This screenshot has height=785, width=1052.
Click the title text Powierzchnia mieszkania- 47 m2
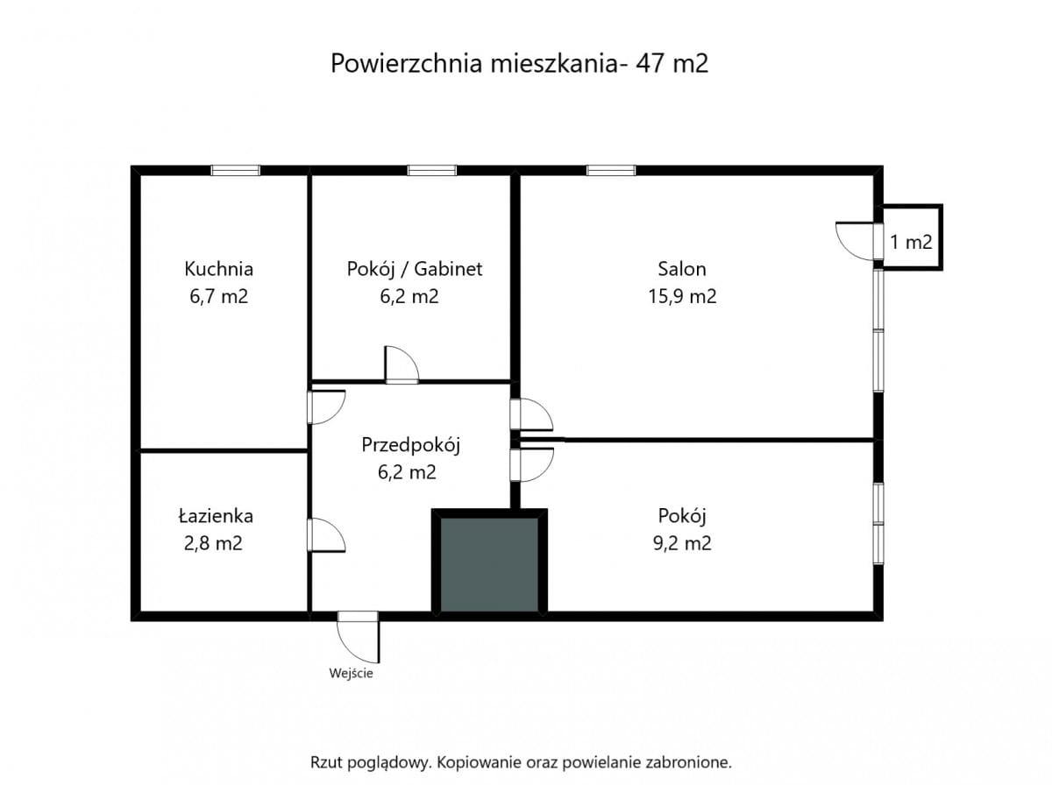pyautogui.click(x=519, y=64)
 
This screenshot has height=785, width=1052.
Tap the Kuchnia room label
pyautogui.click(x=218, y=269)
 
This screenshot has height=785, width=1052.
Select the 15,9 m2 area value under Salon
pyautogui.click(x=682, y=296)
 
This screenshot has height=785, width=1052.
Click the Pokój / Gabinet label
pyautogui.click(x=414, y=269)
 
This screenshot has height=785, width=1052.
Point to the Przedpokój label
pyautogui.click(x=411, y=444)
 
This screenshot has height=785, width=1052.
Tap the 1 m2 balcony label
pyautogui.click(x=911, y=243)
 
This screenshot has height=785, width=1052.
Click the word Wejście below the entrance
pyautogui.click(x=352, y=674)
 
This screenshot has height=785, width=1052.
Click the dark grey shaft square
pyautogui.click(x=489, y=564)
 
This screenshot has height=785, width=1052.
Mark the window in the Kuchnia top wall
pyautogui.click(x=236, y=171)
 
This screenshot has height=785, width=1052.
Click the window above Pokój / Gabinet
pyautogui.click(x=431, y=171)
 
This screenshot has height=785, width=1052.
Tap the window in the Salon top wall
pyautogui.click(x=611, y=171)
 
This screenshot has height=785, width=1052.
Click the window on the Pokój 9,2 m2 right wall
pyautogui.click(x=878, y=523)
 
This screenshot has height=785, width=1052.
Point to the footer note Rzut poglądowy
pyautogui.click(x=521, y=762)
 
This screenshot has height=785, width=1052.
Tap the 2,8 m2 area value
pyautogui.click(x=212, y=543)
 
